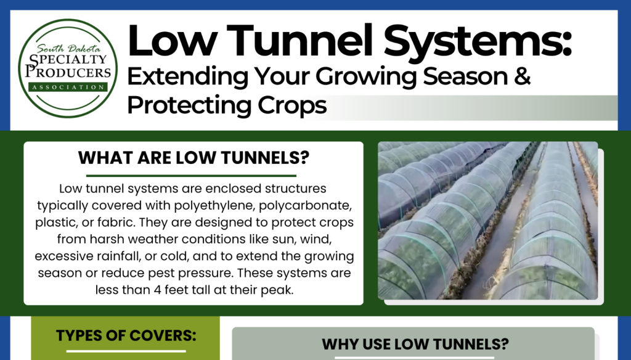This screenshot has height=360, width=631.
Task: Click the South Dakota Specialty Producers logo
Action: point(68,68)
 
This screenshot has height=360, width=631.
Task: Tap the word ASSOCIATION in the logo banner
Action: point(68,87)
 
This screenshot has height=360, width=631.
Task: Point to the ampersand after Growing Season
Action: point(523,76)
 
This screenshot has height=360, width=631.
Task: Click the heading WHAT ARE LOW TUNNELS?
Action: point(193,157)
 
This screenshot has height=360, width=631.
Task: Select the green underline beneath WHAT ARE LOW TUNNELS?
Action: point(191,176)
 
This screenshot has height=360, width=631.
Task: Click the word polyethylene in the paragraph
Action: point(214,206)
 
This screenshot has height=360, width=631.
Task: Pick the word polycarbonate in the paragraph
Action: point(306,206)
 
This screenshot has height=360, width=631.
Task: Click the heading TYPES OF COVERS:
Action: point(126,335)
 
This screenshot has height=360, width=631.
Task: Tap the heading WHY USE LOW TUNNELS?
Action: point(415,345)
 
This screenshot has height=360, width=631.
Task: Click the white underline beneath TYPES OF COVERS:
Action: point(126,351)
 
